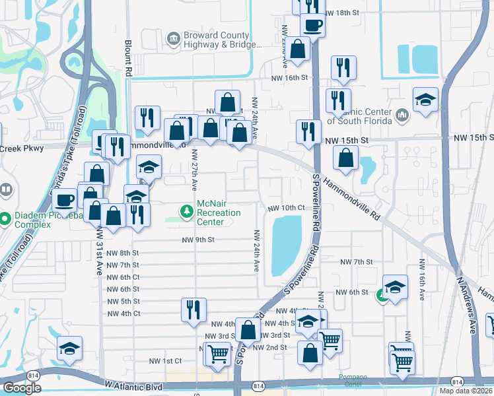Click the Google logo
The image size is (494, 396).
click(x=21, y=388)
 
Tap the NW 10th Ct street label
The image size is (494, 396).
click(x=286, y=208)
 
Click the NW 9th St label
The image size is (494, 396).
click(x=199, y=240)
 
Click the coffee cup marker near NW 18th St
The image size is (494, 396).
click(x=312, y=26)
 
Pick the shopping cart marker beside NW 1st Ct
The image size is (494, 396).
click(x=217, y=354)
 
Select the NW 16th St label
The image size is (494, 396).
click(x=289, y=78)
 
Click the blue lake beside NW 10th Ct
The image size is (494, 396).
click(x=287, y=244)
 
